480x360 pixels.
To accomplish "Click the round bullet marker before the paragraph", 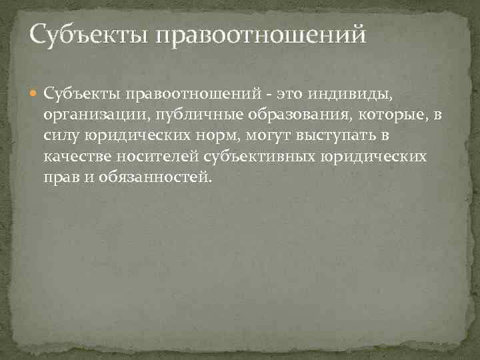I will [x=34, y=93].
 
